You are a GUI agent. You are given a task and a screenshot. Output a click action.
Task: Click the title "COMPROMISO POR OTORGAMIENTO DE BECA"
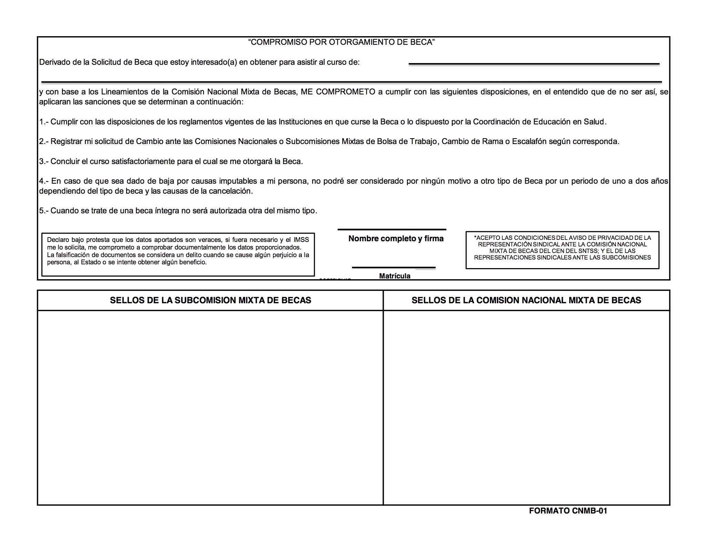coord(341,42)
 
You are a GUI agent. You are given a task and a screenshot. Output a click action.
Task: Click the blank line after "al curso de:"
coord(533,64)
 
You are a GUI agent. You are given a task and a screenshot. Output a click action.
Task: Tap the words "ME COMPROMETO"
coord(338,92)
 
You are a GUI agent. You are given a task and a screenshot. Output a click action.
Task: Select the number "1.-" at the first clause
coord(44,122)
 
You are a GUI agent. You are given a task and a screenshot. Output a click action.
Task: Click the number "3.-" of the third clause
coord(44,162)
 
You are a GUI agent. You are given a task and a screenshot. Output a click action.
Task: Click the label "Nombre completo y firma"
coord(395,238)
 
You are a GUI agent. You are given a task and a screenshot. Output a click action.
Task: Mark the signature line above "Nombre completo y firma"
coord(392,230)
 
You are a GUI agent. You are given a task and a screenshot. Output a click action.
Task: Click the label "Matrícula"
coord(394,276)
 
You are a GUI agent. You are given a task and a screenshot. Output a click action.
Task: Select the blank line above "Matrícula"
coord(393,267)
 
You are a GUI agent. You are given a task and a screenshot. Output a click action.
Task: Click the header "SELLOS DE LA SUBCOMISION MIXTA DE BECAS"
coord(210,301)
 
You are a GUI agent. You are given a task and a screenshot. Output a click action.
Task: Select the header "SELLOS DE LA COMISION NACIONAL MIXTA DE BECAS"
coord(526,301)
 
